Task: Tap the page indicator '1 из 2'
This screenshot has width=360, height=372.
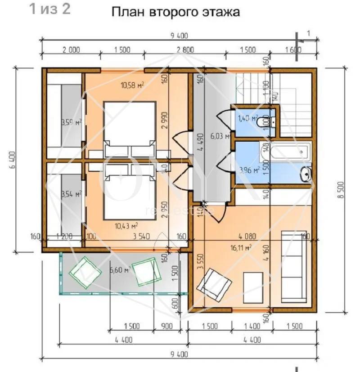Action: tap(50, 9)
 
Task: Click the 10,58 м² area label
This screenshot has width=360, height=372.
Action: tap(132, 85)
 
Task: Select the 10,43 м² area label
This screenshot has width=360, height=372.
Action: tap(126, 226)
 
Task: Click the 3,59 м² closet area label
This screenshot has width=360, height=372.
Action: tap(71, 122)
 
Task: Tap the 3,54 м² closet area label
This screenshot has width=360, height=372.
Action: tap(71, 194)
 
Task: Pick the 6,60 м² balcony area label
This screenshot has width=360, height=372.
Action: tap(120, 270)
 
